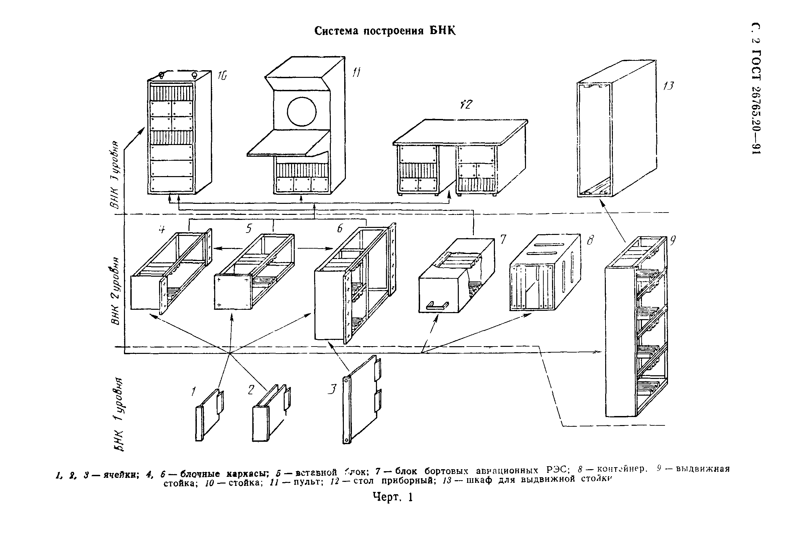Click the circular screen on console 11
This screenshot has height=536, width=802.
tap(301, 112)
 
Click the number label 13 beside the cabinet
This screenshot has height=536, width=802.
tap(668, 86)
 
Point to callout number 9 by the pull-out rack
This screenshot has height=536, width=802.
tap(672, 241)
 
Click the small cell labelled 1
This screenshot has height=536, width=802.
tap(209, 415)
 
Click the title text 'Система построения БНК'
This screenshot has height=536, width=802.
tap(385, 31)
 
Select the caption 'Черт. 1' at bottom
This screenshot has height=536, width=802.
tap(393, 497)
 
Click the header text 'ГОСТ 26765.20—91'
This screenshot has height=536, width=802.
tap(756, 103)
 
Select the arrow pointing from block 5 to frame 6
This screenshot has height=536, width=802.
tap(315, 248)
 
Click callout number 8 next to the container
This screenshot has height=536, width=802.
tap(590, 241)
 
